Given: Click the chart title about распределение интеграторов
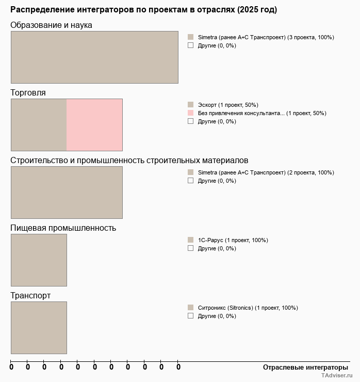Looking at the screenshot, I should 143,10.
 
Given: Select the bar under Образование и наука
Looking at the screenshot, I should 94,57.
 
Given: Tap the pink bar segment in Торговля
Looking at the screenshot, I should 94,125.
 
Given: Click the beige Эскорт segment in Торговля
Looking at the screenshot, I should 39,125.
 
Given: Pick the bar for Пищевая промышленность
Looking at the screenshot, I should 39,260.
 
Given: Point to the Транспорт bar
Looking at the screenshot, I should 39,328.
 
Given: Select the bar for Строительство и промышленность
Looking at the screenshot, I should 67,193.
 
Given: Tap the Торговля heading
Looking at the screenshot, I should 28,93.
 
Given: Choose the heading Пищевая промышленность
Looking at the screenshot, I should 63,228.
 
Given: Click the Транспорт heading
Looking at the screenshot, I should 30,296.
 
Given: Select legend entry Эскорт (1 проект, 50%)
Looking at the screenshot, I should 227,105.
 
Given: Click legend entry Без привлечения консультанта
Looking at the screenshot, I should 261,113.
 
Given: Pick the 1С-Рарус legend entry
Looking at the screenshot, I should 233,240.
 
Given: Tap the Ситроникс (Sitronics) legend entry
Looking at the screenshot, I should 248,308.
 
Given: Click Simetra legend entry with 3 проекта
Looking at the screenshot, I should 266,37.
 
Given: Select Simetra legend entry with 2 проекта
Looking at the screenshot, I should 266,172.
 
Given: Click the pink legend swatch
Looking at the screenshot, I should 191,113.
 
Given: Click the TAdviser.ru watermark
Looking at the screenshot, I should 336,377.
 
